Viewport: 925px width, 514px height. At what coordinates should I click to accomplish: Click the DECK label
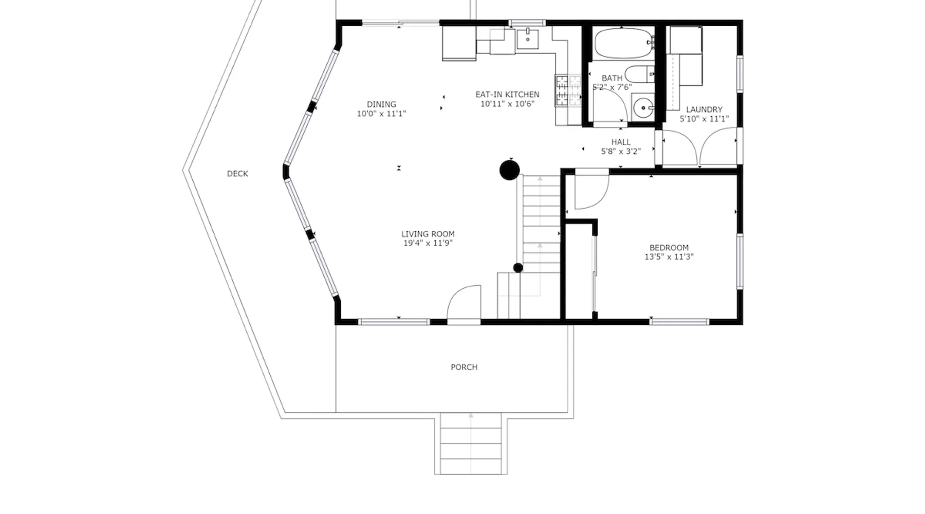click(x=237, y=174)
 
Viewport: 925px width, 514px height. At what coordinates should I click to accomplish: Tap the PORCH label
click(x=464, y=367)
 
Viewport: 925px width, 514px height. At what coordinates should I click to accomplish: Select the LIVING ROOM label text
click(x=428, y=234)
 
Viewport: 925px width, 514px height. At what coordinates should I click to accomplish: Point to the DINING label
click(x=381, y=104)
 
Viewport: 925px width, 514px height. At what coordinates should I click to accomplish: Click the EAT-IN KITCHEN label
click(x=507, y=95)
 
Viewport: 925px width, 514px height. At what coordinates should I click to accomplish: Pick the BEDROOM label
click(x=669, y=248)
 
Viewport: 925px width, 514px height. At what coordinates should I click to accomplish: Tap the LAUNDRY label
click(x=704, y=109)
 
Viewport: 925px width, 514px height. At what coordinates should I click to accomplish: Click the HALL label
click(x=621, y=142)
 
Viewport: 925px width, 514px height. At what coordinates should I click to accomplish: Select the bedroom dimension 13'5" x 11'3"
click(x=669, y=257)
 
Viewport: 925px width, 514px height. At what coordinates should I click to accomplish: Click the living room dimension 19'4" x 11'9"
click(x=428, y=243)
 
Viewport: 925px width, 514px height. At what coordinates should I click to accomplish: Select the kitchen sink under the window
click(x=528, y=39)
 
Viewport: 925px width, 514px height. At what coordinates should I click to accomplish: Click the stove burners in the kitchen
click(x=567, y=91)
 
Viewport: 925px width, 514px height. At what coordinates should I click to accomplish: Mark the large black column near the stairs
click(x=509, y=170)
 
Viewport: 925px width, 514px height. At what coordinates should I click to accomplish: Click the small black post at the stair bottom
click(x=518, y=268)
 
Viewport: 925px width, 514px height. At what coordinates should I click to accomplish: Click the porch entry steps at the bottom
click(x=471, y=443)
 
